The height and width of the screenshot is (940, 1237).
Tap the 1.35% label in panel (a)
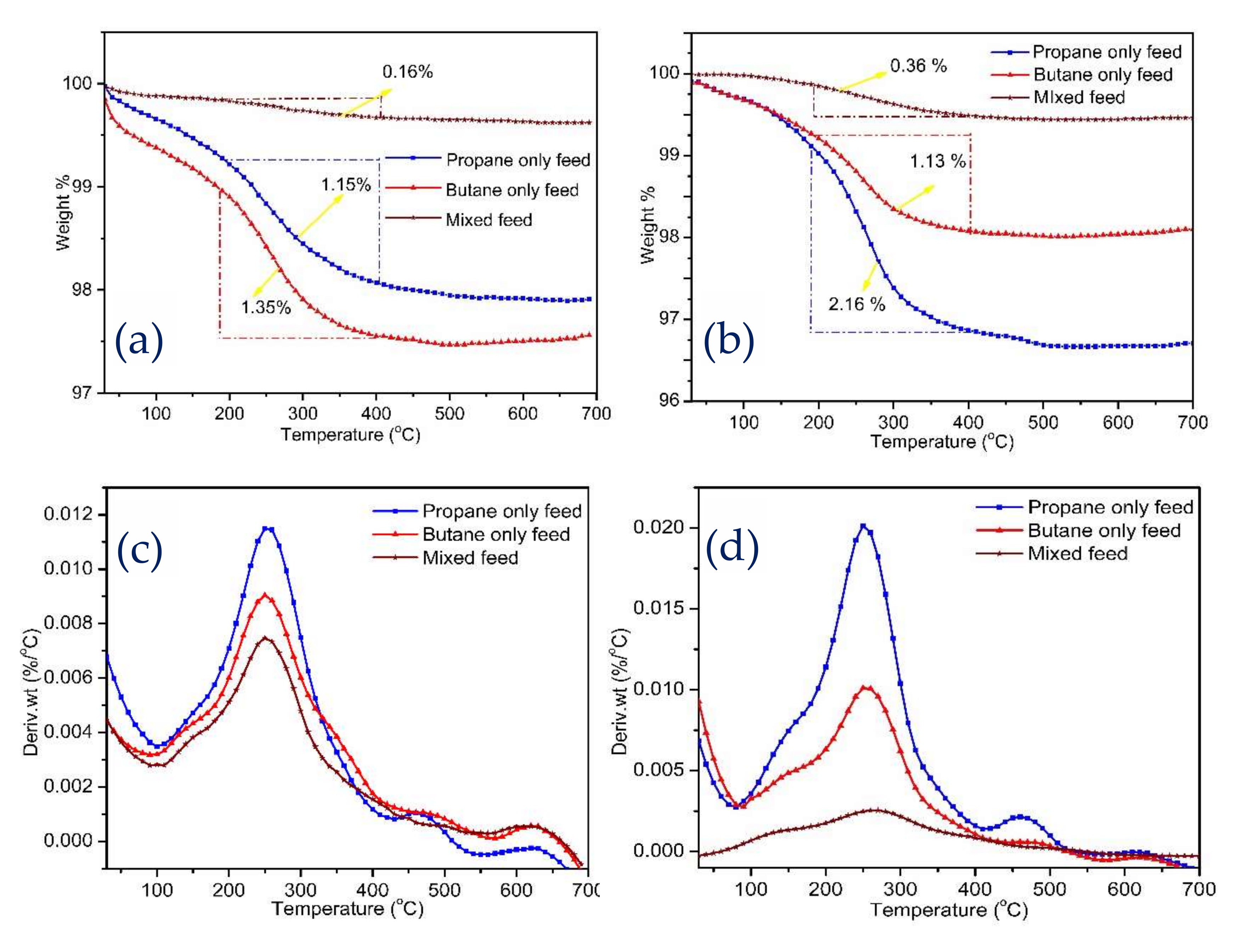tap(266, 307)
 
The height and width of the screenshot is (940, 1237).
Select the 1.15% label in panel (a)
tap(346, 185)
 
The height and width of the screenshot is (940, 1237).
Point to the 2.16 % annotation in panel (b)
tap(857, 304)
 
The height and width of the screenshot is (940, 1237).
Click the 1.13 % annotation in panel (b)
tap(938, 162)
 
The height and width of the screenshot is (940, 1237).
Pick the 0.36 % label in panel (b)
tap(918, 66)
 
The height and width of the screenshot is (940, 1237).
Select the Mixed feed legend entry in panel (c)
tap(470, 558)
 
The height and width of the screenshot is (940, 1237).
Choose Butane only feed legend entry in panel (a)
tap(512, 190)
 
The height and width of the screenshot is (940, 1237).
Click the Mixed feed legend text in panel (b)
tap(1079, 97)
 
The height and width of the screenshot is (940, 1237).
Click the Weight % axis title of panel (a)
tap(63, 213)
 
